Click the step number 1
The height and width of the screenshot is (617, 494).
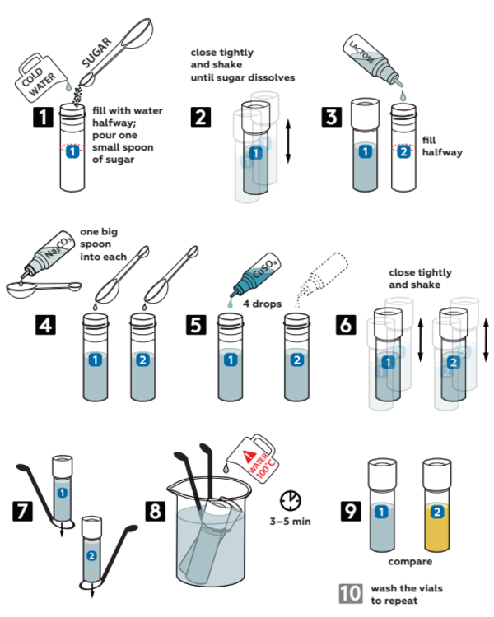pyautogui.click(x=43, y=117)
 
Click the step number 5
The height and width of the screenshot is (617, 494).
pyautogui.click(x=195, y=324)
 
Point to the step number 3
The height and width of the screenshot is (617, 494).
pyautogui.click(x=332, y=117)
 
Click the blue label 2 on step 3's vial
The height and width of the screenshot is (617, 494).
pyautogui.click(x=403, y=151)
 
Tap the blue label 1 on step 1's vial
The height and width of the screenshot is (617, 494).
pyautogui.click(x=73, y=151)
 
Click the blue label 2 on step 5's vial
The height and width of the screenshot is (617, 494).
pyautogui.click(x=297, y=360)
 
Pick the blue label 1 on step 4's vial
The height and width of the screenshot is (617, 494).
pyautogui.click(x=96, y=360)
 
